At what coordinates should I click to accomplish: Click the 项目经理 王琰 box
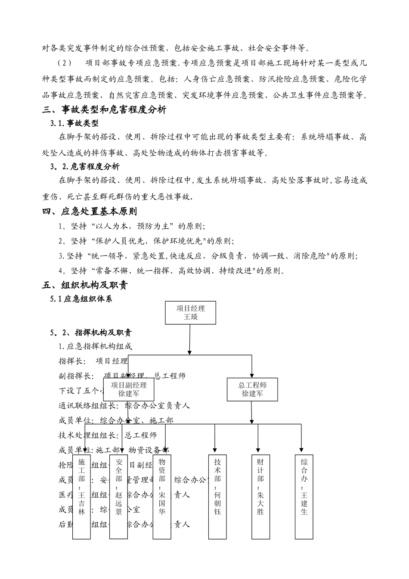tap(190, 313)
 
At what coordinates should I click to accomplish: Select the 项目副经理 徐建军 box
tap(128, 389)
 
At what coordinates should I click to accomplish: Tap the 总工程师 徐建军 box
tap(252, 389)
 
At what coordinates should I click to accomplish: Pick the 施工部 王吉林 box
tap(81, 496)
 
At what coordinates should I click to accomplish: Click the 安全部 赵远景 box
tap(118, 496)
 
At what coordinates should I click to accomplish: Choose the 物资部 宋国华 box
tap(162, 496)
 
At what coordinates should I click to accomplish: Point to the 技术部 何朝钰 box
tap(217, 496)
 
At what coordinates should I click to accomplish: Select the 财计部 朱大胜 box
tap(260, 496)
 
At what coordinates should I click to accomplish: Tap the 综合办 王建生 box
tap(304, 496)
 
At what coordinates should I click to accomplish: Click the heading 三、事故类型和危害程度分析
tap(104, 110)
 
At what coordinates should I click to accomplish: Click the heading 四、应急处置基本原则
tap(90, 212)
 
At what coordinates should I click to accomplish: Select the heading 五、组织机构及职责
tap(85, 285)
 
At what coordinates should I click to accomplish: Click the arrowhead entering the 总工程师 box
tap(252, 375)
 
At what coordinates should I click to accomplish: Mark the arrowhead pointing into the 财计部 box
tap(258, 452)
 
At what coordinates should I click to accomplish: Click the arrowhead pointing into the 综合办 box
tap(301, 452)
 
